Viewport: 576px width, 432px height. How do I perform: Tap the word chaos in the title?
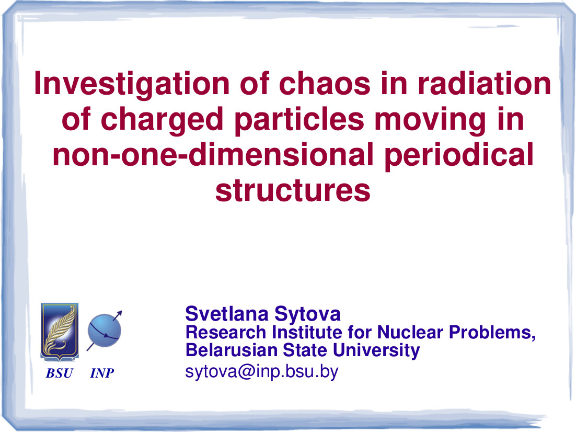[x=325, y=84]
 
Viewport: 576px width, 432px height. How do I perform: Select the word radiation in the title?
[x=484, y=84]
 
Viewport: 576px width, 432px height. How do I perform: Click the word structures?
[x=293, y=190]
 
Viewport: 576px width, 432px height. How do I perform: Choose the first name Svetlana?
[x=227, y=314]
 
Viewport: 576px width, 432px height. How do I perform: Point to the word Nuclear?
[x=410, y=332]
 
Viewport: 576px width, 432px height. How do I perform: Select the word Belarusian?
[x=232, y=350]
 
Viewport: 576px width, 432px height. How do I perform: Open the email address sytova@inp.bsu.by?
[x=261, y=372]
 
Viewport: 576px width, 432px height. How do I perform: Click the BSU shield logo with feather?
[x=60, y=332]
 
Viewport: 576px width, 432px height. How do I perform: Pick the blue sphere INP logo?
[x=105, y=331]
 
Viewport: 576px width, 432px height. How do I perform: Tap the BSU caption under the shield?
[x=59, y=373]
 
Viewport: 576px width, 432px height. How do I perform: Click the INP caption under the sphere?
[x=102, y=373]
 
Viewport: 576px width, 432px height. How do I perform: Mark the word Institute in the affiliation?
[x=307, y=332]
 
